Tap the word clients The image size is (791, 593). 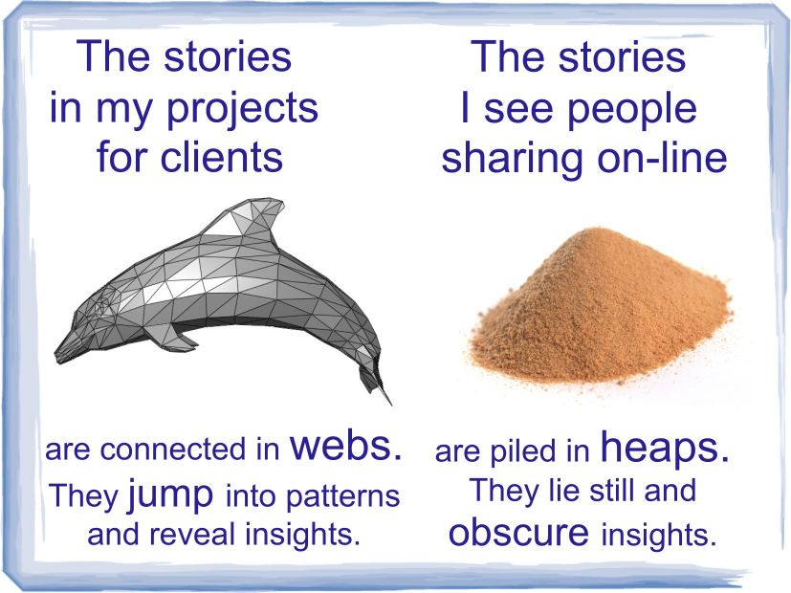222,157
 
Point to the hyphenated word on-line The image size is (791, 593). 662,157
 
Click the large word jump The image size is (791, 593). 170,495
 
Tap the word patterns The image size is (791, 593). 342,496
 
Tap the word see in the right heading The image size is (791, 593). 518,108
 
